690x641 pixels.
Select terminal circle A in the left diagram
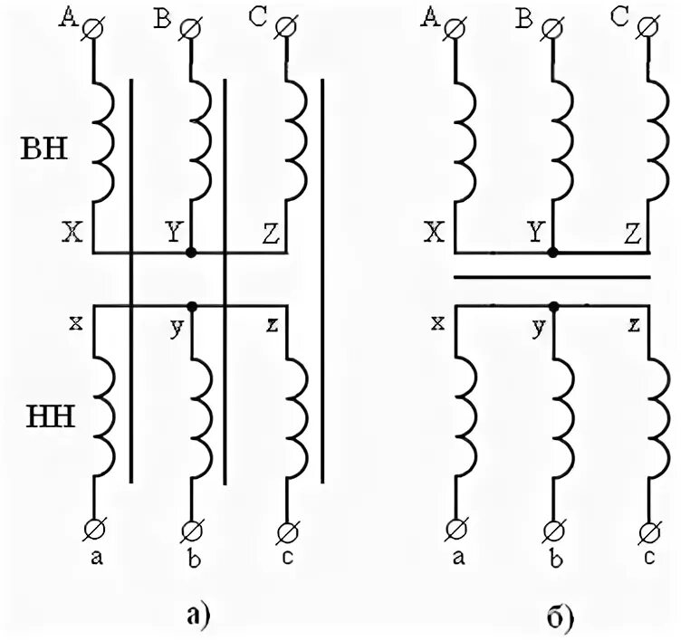pyautogui.click(x=93, y=29)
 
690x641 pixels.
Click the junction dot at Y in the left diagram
pyautogui.click(x=191, y=253)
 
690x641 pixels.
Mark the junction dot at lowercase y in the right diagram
pyautogui.click(x=554, y=306)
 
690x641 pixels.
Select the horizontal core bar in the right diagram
pyautogui.click(x=551, y=278)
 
